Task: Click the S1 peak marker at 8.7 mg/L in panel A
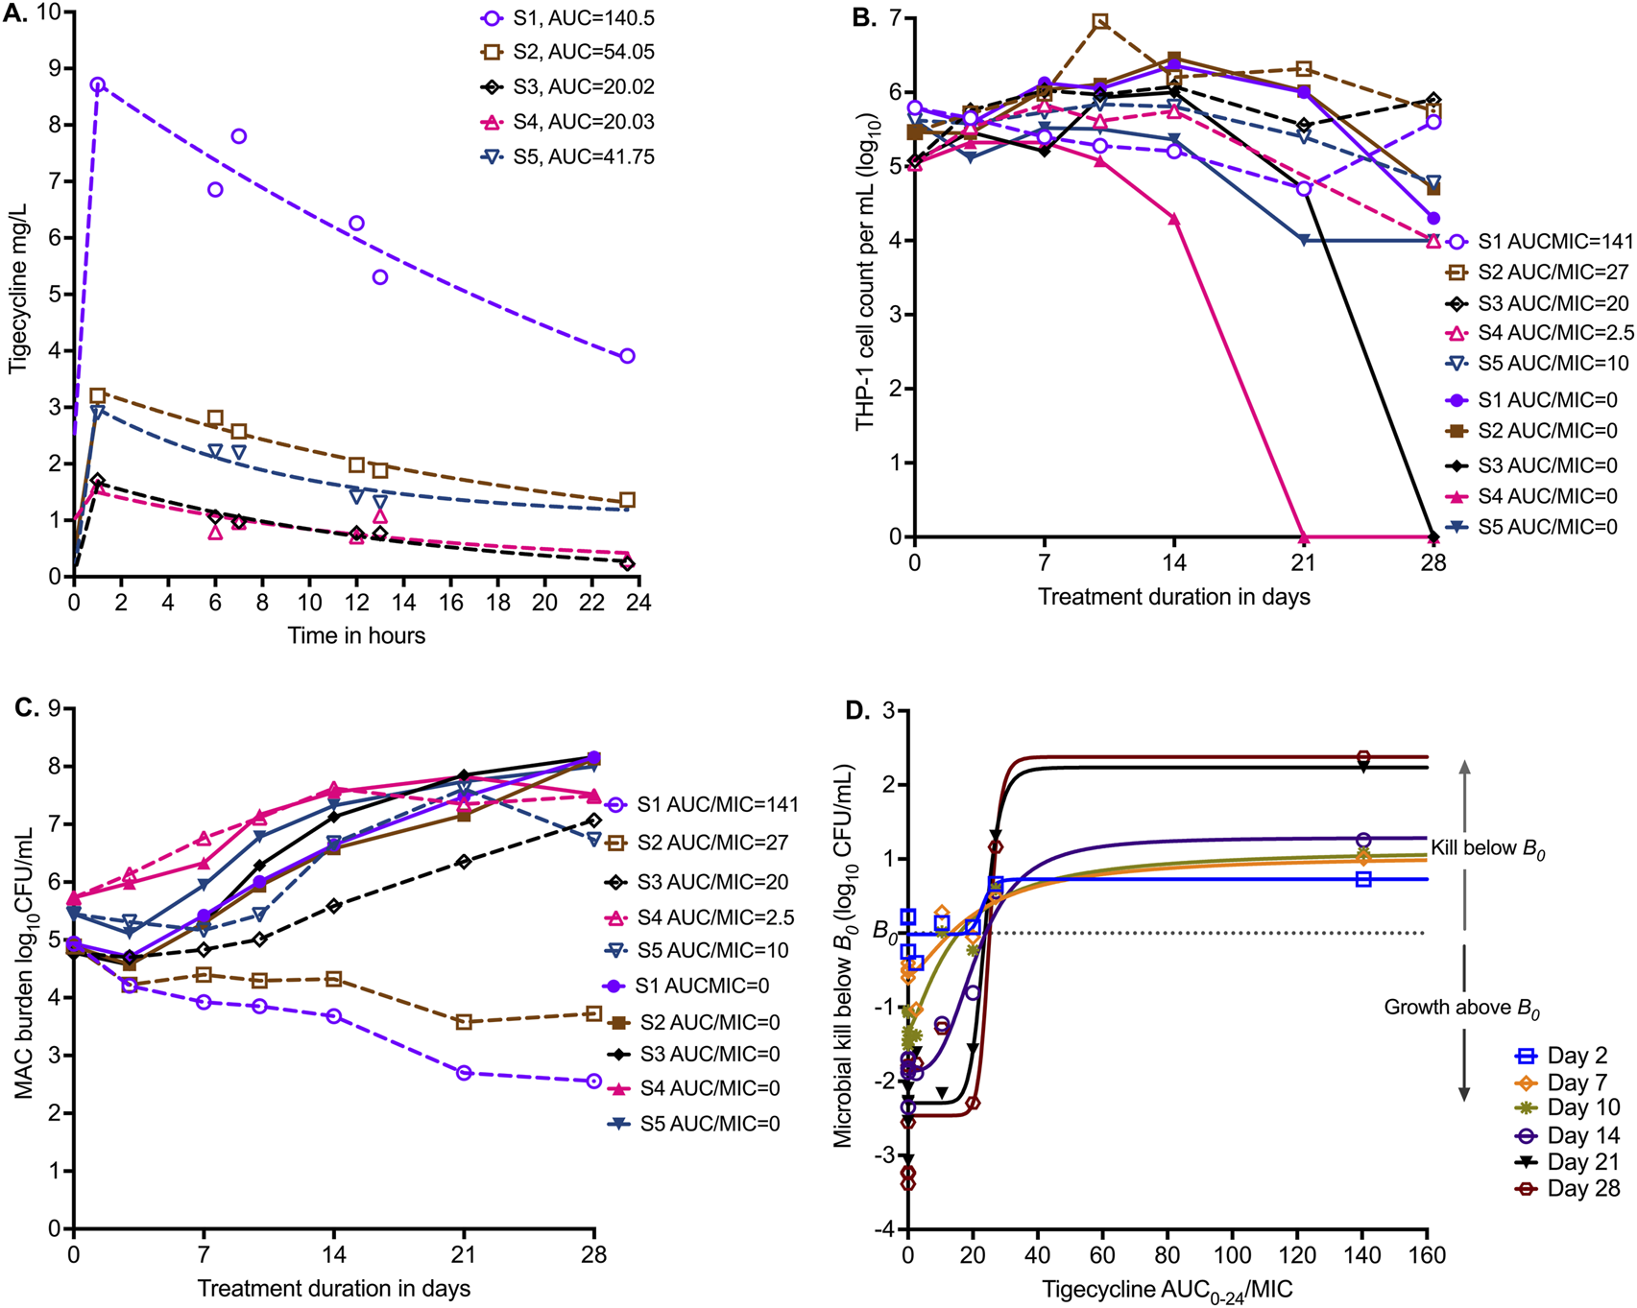point(97,84)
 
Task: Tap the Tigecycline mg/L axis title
point(18,287)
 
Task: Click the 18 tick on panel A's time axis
point(498,603)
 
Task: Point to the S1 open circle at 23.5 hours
point(627,356)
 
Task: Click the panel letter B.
point(863,18)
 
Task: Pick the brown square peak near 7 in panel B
point(1100,21)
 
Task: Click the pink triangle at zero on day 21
point(1304,536)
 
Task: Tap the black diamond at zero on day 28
point(1432,536)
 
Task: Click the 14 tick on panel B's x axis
point(1173,563)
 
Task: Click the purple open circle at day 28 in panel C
point(593,1081)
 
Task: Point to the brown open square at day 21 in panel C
point(464,1022)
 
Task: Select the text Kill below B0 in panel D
point(1487,848)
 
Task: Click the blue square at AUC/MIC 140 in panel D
point(1363,879)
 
